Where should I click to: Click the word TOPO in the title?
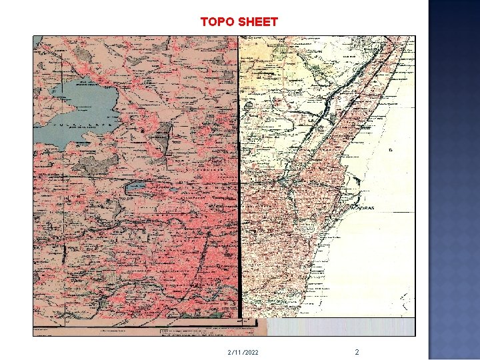coord(217,22)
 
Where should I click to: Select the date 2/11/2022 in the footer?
coord(243,352)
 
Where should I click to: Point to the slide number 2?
coord(357,351)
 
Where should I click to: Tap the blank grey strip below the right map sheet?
coord(340,327)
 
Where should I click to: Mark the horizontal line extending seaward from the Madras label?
coord(403,207)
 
